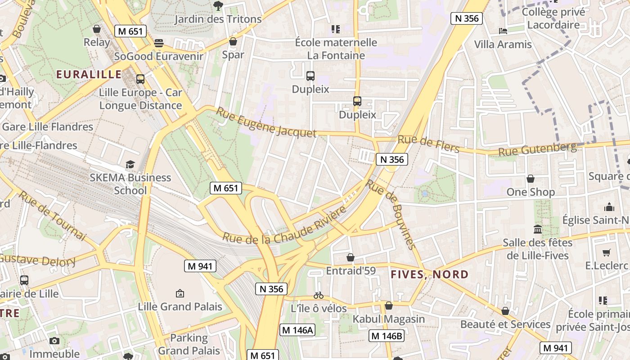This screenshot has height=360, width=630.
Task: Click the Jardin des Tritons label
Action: pos(218,19)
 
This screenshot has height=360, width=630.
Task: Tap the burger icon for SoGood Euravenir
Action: pos(158,43)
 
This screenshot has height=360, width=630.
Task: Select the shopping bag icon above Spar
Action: pos(233,41)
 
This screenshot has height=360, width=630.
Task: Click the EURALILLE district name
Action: pos(89,74)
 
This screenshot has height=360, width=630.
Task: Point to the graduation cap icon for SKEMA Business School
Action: pos(130,164)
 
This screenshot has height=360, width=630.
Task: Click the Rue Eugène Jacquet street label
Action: pos(266,122)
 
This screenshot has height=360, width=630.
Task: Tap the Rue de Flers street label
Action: pos(428,144)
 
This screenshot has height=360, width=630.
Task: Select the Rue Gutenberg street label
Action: pos(537,149)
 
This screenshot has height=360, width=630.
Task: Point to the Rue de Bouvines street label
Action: pos(390,214)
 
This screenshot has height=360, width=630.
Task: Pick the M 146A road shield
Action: pos(297,330)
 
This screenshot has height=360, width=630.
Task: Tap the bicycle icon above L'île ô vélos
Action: pos(319,295)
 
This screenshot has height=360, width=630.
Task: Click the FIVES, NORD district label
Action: pos(429,274)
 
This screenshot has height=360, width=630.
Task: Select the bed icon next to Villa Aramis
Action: pos(503,31)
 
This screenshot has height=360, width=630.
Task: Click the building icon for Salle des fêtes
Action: pos(538,229)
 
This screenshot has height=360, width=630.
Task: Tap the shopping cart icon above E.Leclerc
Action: pos(606,252)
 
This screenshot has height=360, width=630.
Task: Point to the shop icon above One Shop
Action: pos(531,179)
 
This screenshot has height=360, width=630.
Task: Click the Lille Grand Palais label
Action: pos(180,306)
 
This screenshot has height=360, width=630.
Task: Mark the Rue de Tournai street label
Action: pos(51,215)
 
